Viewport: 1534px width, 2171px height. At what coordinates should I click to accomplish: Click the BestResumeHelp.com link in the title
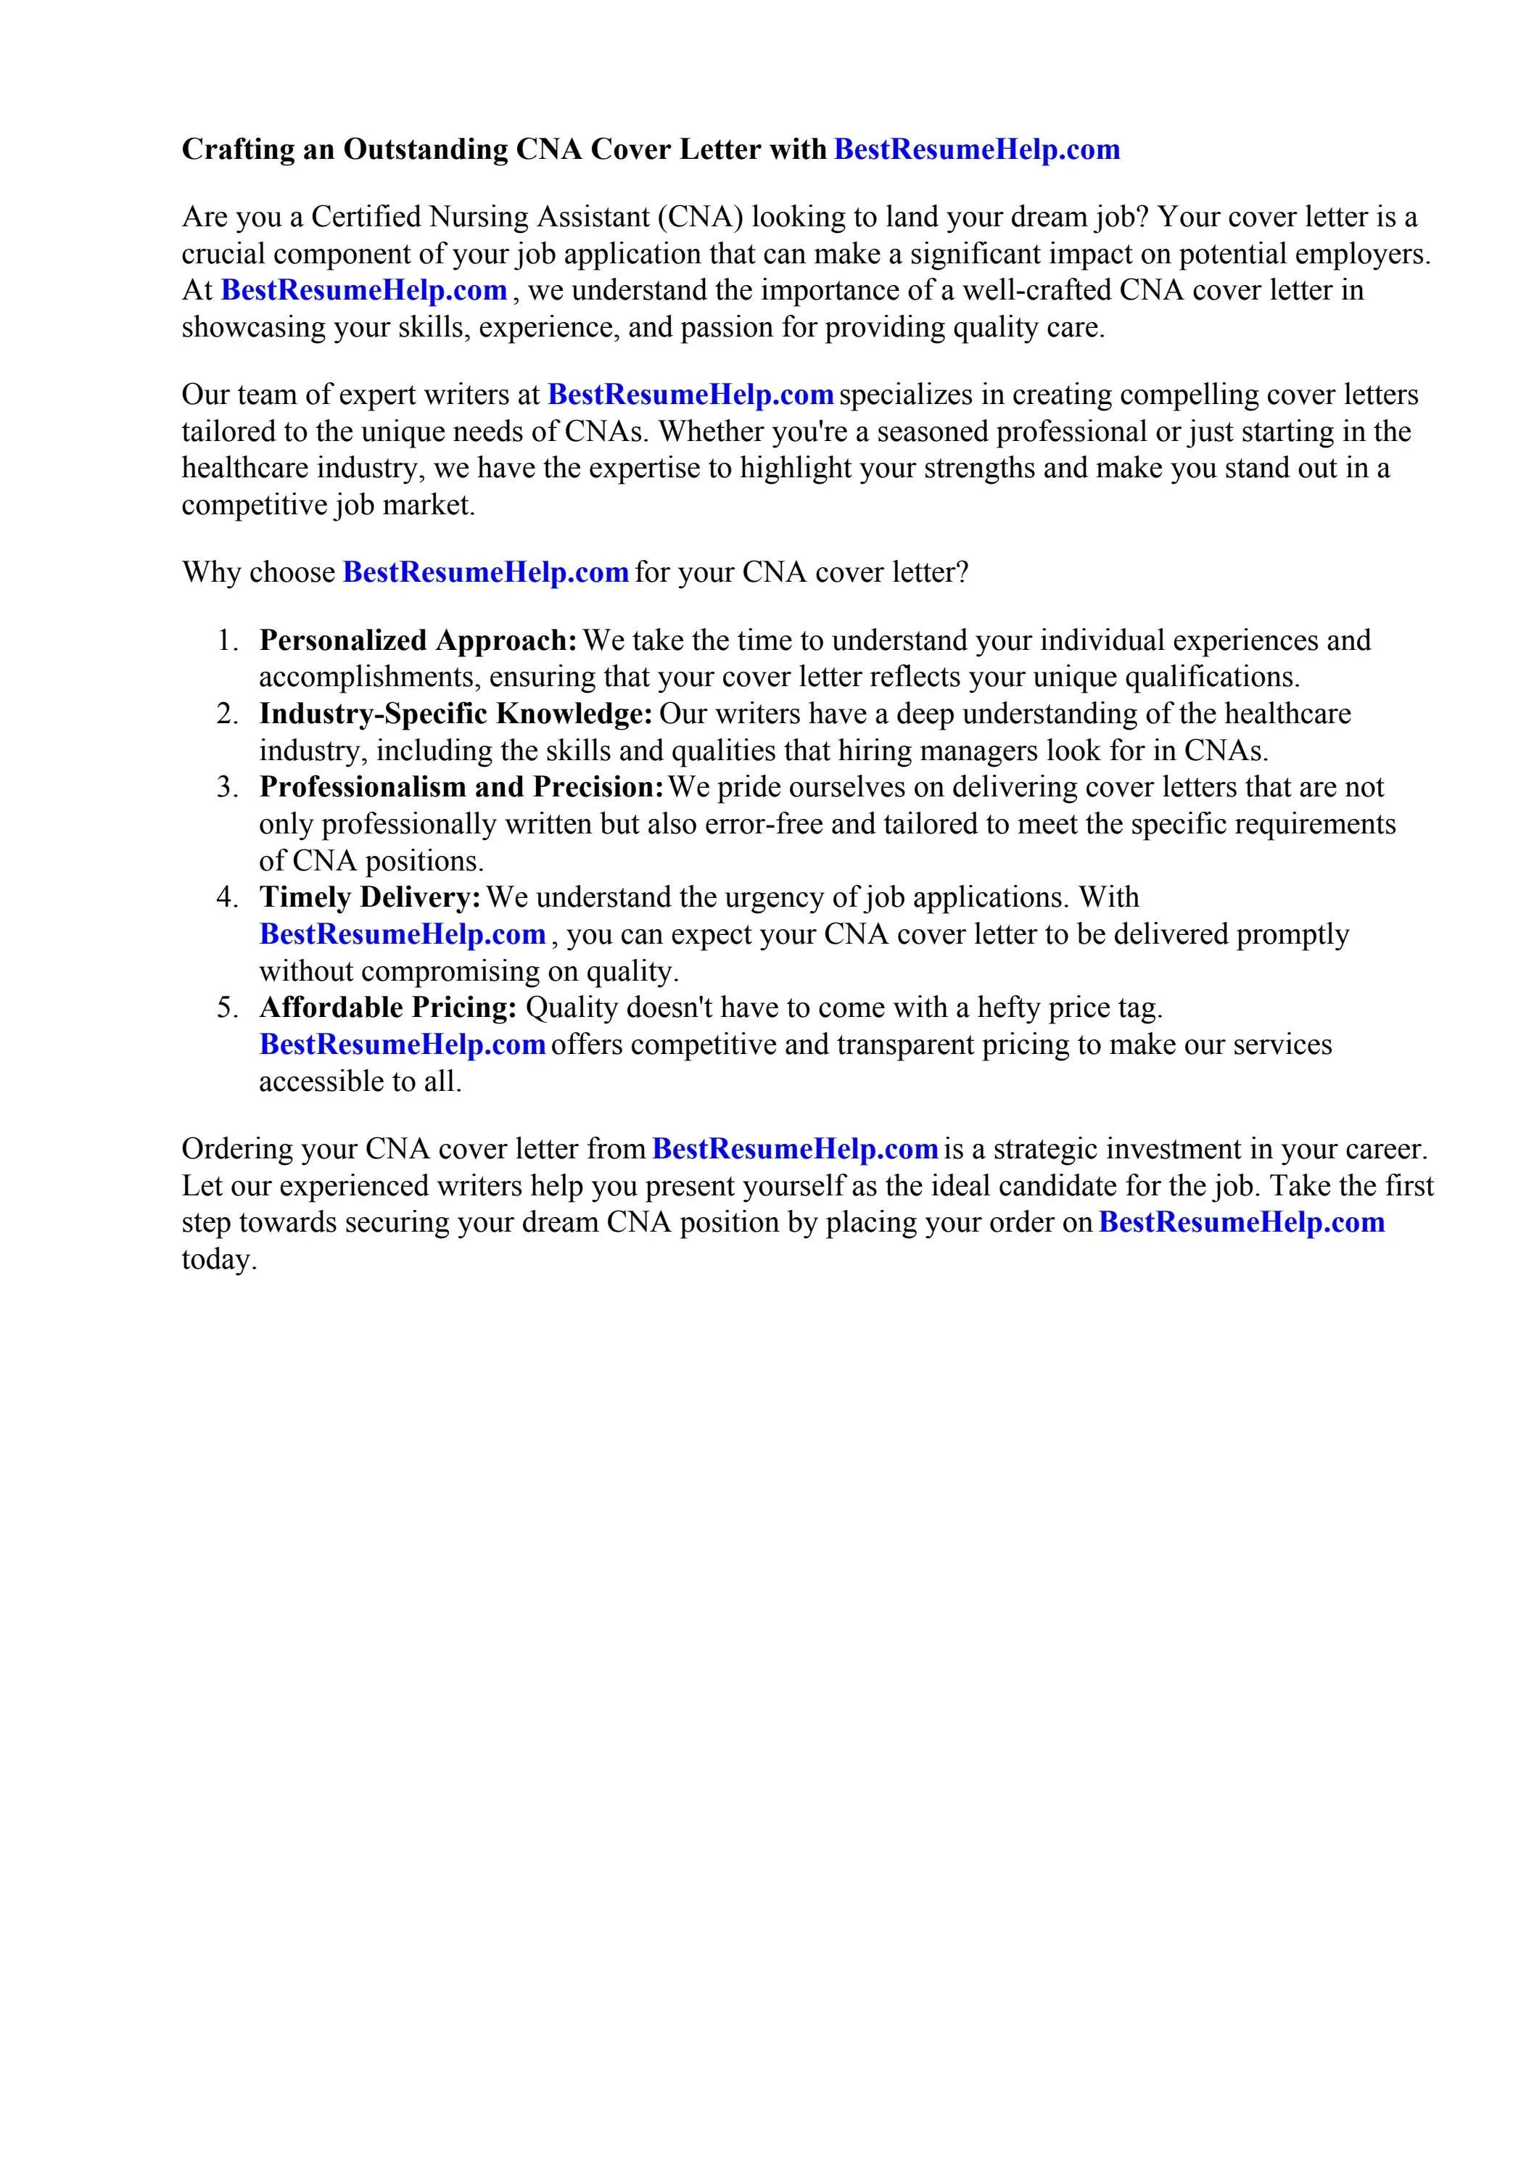pyautogui.click(x=976, y=149)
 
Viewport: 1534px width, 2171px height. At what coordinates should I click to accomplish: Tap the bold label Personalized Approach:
pyautogui.click(x=418, y=640)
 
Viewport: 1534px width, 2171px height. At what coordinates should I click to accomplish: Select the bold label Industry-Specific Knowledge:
pyautogui.click(x=456, y=713)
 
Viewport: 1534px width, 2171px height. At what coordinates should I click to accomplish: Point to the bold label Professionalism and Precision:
pyautogui.click(x=463, y=787)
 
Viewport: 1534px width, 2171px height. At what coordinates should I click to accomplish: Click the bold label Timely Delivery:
pyautogui.click(x=371, y=897)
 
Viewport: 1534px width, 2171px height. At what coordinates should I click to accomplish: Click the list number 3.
pyautogui.click(x=226, y=787)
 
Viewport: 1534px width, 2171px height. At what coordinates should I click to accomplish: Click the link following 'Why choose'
pyautogui.click(x=485, y=572)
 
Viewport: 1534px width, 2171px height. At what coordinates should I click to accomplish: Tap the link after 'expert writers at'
pyautogui.click(x=690, y=395)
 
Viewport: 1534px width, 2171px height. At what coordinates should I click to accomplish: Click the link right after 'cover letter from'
pyautogui.click(x=794, y=1149)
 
